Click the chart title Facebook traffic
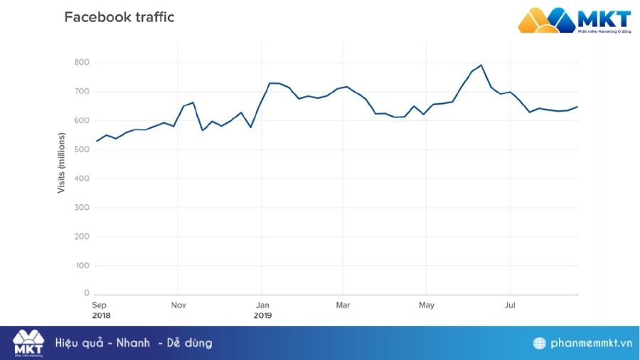(x=119, y=17)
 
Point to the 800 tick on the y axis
(x=82, y=63)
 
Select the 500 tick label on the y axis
(x=82, y=149)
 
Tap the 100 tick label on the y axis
(x=82, y=265)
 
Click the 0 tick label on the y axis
(x=86, y=293)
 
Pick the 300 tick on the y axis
(x=82, y=208)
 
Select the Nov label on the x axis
(x=178, y=305)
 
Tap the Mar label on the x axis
(x=342, y=305)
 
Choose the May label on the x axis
(x=426, y=305)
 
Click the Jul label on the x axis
(x=509, y=305)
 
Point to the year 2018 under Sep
(x=101, y=314)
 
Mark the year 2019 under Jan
(x=262, y=314)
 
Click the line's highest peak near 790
(x=481, y=65)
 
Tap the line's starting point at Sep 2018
(x=97, y=141)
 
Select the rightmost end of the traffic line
(x=577, y=107)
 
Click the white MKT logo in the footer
(x=28, y=342)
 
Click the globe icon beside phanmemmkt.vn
(x=540, y=343)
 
